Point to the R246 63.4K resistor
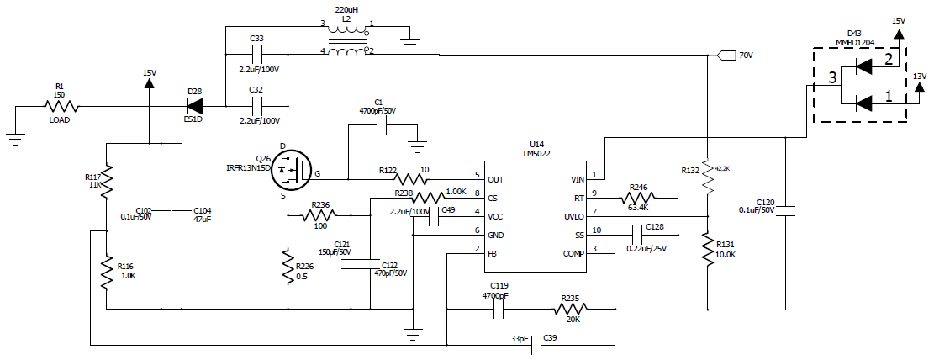[x=637, y=199]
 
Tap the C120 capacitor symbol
[x=784, y=214]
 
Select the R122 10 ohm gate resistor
[x=411, y=179]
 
